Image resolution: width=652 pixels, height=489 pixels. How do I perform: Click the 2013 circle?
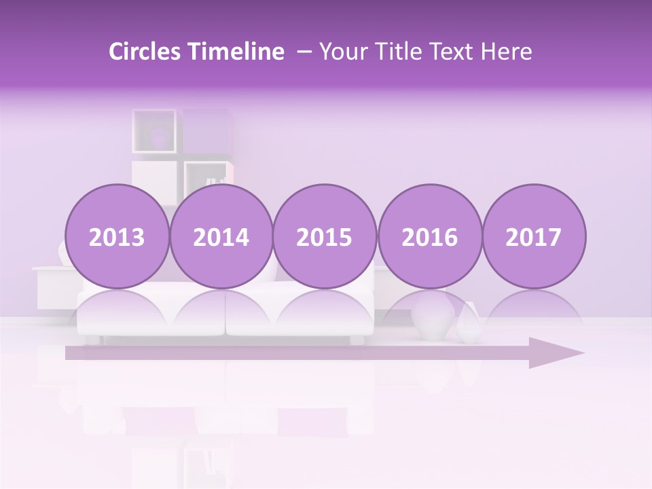pyautogui.click(x=117, y=237)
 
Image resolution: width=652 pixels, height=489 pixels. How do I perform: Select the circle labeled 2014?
pyautogui.click(x=221, y=237)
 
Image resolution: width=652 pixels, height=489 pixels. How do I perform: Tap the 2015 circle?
pyautogui.click(x=325, y=237)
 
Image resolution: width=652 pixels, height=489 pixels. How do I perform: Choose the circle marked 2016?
pyautogui.click(x=429, y=237)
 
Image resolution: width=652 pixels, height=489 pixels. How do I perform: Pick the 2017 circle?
pyautogui.click(x=533, y=237)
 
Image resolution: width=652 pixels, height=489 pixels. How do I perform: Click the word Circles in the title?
pyautogui.click(x=146, y=52)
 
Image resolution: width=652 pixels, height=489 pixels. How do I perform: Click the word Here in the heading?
pyautogui.click(x=506, y=52)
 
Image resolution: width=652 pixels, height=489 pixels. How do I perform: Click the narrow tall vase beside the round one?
pyautogui.click(x=469, y=324)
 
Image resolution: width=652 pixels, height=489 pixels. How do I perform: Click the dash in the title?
pyautogui.click(x=304, y=52)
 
